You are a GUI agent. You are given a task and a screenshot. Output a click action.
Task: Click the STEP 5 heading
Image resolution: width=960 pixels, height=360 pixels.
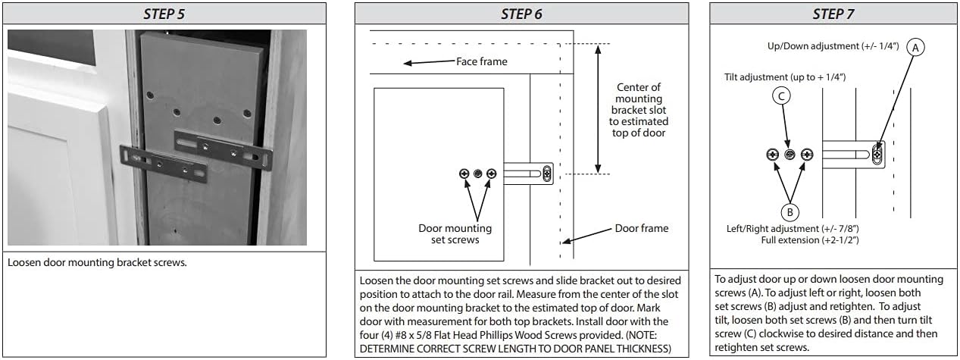(x=167, y=14)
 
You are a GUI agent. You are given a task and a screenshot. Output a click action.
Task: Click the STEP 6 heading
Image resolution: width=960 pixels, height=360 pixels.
(x=521, y=14)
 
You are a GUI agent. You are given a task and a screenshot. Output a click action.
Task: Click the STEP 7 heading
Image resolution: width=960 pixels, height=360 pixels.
(x=833, y=14)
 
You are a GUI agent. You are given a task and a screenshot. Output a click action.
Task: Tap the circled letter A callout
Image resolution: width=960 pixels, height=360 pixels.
(x=915, y=47)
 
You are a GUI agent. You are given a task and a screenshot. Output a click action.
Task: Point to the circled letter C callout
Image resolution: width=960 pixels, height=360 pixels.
(x=781, y=95)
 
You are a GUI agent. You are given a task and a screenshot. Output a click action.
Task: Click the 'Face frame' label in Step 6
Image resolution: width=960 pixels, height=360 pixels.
(x=481, y=61)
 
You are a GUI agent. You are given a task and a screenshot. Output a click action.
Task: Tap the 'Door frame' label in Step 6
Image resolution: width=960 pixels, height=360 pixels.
(x=641, y=228)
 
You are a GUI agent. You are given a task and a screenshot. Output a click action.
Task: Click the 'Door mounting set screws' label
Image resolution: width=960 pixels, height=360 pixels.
(x=455, y=234)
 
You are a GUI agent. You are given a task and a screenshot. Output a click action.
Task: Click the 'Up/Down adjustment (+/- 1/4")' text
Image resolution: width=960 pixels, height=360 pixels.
(x=833, y=46)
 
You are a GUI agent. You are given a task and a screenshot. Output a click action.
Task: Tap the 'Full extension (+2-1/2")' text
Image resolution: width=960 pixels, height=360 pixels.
(x=809, y=239)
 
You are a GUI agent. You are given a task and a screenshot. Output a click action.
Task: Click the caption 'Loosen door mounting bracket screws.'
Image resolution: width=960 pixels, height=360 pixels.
(x=97, y=263)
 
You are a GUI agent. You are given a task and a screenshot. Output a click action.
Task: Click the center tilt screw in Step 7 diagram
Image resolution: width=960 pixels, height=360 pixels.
(x=790, y=155)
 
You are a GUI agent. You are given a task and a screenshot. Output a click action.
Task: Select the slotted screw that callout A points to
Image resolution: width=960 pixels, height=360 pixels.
(x=877, y=155)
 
